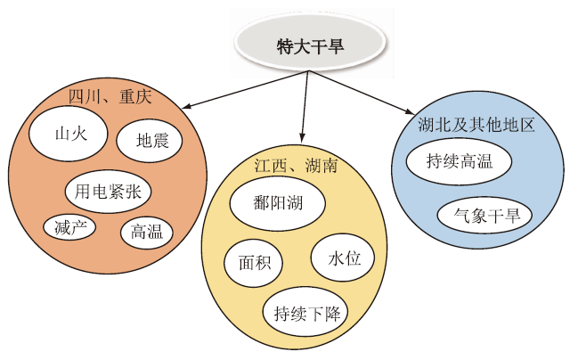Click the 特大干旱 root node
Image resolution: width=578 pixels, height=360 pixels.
(310, 46)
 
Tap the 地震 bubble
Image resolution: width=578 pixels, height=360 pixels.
(151, 140)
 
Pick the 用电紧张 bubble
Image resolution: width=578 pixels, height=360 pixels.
(109, 191)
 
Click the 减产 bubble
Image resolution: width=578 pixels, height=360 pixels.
(69, 226)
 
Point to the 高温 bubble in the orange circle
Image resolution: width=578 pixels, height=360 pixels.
(146, 232)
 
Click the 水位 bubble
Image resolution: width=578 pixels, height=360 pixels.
(345, 258)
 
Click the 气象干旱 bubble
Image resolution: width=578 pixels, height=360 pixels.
(485, 215)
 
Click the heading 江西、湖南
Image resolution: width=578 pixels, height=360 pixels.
(295, 166)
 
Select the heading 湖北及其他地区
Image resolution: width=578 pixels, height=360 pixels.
(476, 125)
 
